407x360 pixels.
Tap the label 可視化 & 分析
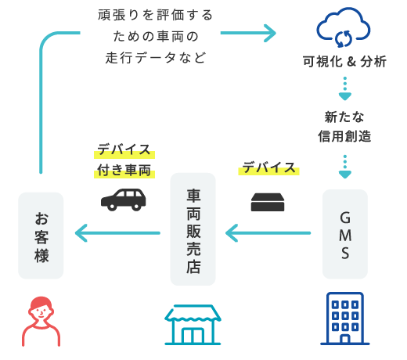coord(344,62)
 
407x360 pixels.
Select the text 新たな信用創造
coord(344,127)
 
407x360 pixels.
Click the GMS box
coord(345,234)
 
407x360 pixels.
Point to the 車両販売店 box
coord(193,229)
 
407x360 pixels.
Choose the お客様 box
coord(41,236)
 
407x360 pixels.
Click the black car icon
coord(124,200)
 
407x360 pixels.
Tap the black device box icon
coord(268,202)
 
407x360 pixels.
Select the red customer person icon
coord(41,322)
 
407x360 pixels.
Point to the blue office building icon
coord(345,319)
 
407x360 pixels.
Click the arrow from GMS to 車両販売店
coord(268,233)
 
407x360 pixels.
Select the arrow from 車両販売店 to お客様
coord(117,233)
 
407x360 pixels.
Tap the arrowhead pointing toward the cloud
coord(270,33)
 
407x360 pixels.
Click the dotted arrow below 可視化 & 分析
coord(345,88)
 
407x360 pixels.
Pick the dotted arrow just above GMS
coord(345,167)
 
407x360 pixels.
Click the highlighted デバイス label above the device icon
coord(268,167)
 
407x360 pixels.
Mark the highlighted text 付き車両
coord(124,171)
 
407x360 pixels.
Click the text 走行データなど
coord(156,58)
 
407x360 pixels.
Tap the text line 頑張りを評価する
coord(156,15)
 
